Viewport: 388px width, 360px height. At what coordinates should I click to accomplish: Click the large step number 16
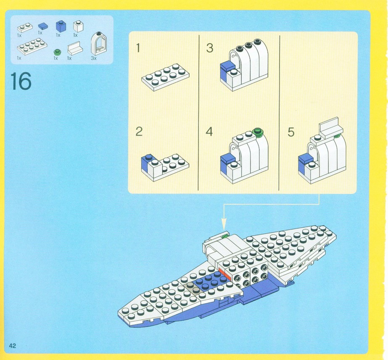tap(21, 81)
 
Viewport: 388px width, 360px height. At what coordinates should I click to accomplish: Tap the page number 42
tap(12, 346)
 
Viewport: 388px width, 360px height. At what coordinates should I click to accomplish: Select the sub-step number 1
tap(138, 48)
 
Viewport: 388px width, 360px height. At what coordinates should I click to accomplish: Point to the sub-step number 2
tap(139, 131)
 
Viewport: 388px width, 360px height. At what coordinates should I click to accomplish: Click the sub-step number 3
tap(210, 48)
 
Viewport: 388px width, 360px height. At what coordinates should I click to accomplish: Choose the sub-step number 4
tap(209, 131)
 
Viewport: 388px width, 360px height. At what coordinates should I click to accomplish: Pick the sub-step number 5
tap(291, 132)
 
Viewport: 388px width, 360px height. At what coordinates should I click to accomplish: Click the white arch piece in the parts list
tap(99, 44)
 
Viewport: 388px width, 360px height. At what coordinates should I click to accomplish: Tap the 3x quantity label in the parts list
tap(94, 58)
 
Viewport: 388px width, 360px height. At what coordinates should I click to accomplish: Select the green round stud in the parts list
tap(57, 52)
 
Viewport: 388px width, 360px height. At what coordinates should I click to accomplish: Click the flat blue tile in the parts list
tap(43, 26)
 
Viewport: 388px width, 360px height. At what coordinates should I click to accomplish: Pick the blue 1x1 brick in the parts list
tap(61, 26)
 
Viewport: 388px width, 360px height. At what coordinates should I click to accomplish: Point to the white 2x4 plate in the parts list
tap(32, 46)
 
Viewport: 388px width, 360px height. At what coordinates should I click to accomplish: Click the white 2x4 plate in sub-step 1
tap(166, 77)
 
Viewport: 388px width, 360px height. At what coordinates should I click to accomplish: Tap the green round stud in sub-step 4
tap(258, 131)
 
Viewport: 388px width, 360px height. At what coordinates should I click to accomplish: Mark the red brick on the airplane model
tap(224, 274)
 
